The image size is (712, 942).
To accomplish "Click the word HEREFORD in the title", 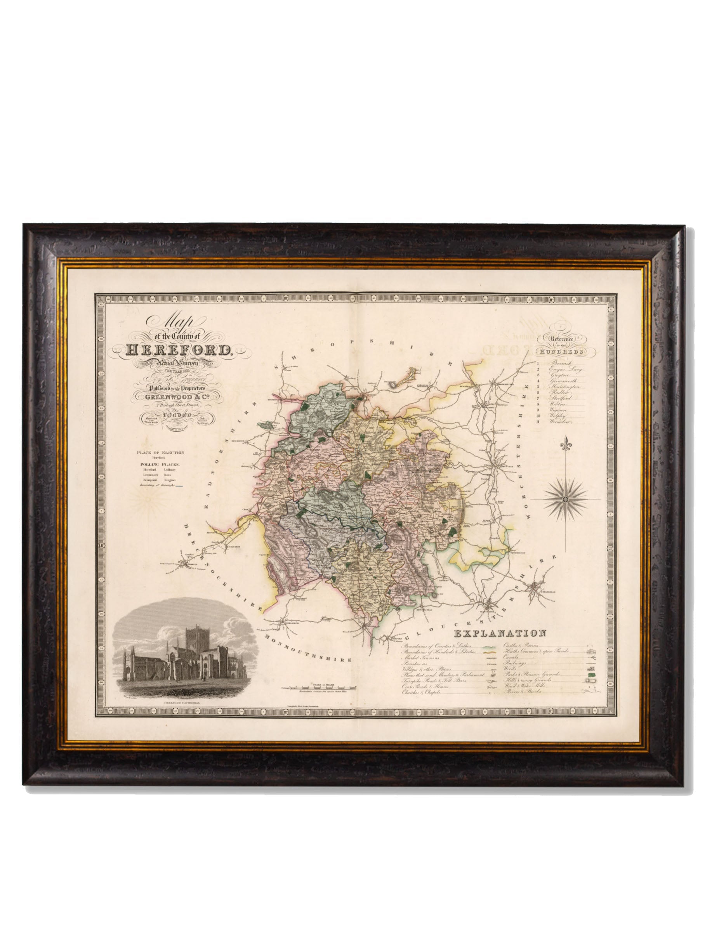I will pos(178,350).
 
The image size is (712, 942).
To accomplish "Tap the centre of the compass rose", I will pos(566,498).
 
